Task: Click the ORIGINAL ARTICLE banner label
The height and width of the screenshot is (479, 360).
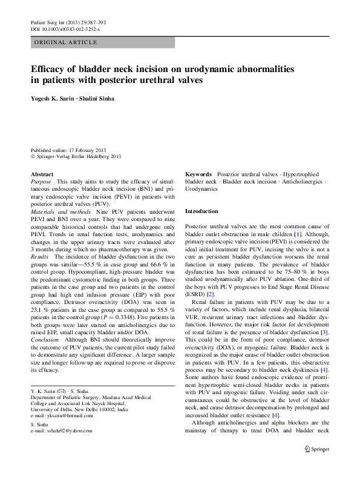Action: click(67, 42)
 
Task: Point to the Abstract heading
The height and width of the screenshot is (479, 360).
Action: click(42, 174)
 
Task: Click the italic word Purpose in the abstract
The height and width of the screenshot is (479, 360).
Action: click(41, 182)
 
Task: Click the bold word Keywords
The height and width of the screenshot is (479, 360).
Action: click(198, 174)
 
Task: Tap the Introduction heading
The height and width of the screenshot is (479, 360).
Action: click(201, 211)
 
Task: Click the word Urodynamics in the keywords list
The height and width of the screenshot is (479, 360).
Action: click(201, 189)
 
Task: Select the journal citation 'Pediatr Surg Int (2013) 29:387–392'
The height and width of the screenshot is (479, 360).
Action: click(68, 22)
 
